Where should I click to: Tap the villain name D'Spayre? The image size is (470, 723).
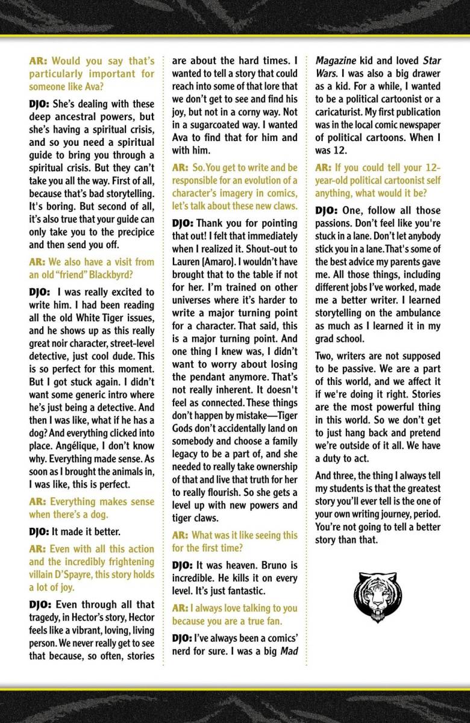tap(74, 574)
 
